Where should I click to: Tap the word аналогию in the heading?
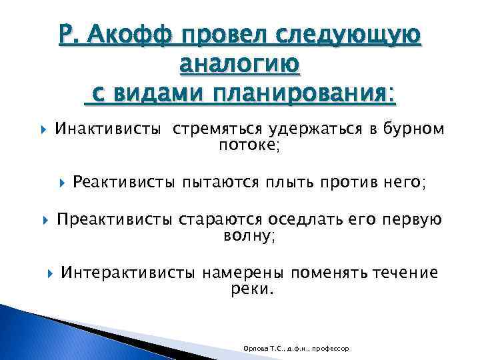(x=240, y=64)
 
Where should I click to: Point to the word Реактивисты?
(x=124, y=181)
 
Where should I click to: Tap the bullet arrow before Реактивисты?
(x=62, y=182)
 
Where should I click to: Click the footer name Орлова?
(x=255, y=349)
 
